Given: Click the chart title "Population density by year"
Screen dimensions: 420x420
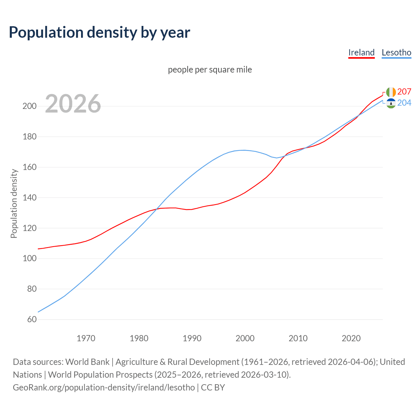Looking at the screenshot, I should [99, 32].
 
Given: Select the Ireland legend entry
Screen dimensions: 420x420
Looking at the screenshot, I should [361, 52].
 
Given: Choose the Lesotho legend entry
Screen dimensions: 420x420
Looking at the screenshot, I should [396, 52].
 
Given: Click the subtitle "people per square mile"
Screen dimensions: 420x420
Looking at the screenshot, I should [210, 70].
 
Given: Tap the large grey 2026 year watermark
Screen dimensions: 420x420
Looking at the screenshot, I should [73, 104].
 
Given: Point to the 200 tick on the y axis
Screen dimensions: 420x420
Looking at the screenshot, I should [30, 106].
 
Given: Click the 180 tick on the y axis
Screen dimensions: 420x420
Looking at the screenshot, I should [30, 137].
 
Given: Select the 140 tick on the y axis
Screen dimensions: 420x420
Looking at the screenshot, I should [30, 198].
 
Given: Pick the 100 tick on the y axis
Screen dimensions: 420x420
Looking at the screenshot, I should [30, 259].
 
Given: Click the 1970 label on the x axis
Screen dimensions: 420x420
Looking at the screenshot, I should [86, 338].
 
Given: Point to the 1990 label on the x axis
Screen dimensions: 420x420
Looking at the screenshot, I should [192, 338].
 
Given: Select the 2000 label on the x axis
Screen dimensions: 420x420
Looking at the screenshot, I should [245, 338].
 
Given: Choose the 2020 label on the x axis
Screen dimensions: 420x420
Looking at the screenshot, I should [351, 338].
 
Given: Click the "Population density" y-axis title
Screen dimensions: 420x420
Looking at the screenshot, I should [14, 203].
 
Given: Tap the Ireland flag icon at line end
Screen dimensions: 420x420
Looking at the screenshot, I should [391, 92].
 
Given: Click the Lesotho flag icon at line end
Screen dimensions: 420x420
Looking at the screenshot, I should [391, 103].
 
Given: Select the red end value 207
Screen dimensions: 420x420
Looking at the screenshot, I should [404, 92].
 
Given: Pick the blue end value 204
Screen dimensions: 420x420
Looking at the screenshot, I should [404, 103].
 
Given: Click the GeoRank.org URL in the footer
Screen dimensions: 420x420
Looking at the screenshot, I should [104, 387].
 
